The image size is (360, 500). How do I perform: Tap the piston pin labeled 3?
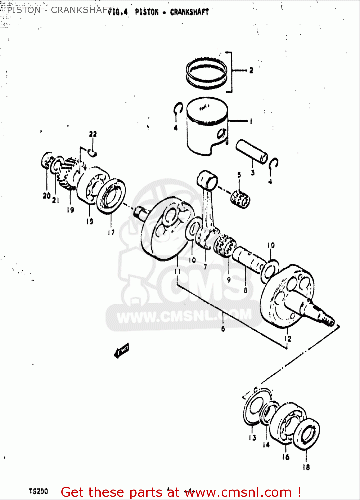pos(252,152)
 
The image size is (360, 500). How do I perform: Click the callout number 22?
pos(93,134)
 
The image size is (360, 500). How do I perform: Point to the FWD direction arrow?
pos(121,351)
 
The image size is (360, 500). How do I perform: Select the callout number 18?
pos(306,467)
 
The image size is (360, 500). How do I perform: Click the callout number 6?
pos(223,329)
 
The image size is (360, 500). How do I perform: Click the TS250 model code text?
pos(38,491)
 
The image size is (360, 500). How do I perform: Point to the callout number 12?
pos(288,339)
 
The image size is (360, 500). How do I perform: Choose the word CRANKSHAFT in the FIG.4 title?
pos(189,12)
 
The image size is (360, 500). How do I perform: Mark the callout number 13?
pos(252,438)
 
